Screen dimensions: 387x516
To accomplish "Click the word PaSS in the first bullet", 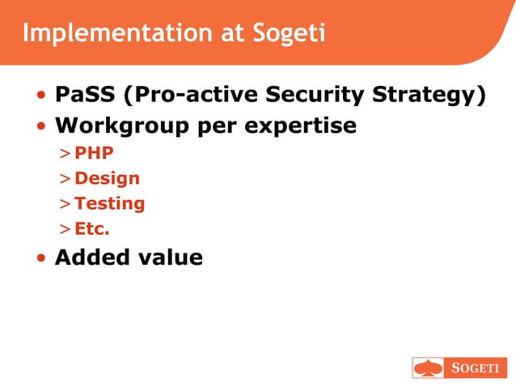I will point(85,95).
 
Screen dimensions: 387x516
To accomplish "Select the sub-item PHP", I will point(94,153).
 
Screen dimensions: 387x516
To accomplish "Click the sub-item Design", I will point(107,178).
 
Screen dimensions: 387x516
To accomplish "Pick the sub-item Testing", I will point(109,203).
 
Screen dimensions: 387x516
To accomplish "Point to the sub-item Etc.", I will point(91,228).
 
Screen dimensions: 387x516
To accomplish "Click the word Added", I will point(91,257).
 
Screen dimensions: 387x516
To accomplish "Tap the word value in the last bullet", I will point(169,257).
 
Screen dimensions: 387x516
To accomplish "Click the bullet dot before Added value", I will point(41,259).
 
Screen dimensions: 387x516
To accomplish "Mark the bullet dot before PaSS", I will point(41,96).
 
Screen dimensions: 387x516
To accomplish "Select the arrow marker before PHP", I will point(64,154).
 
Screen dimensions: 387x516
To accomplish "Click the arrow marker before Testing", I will point(64,204).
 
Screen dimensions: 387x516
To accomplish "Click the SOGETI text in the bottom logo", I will point(474,368).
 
